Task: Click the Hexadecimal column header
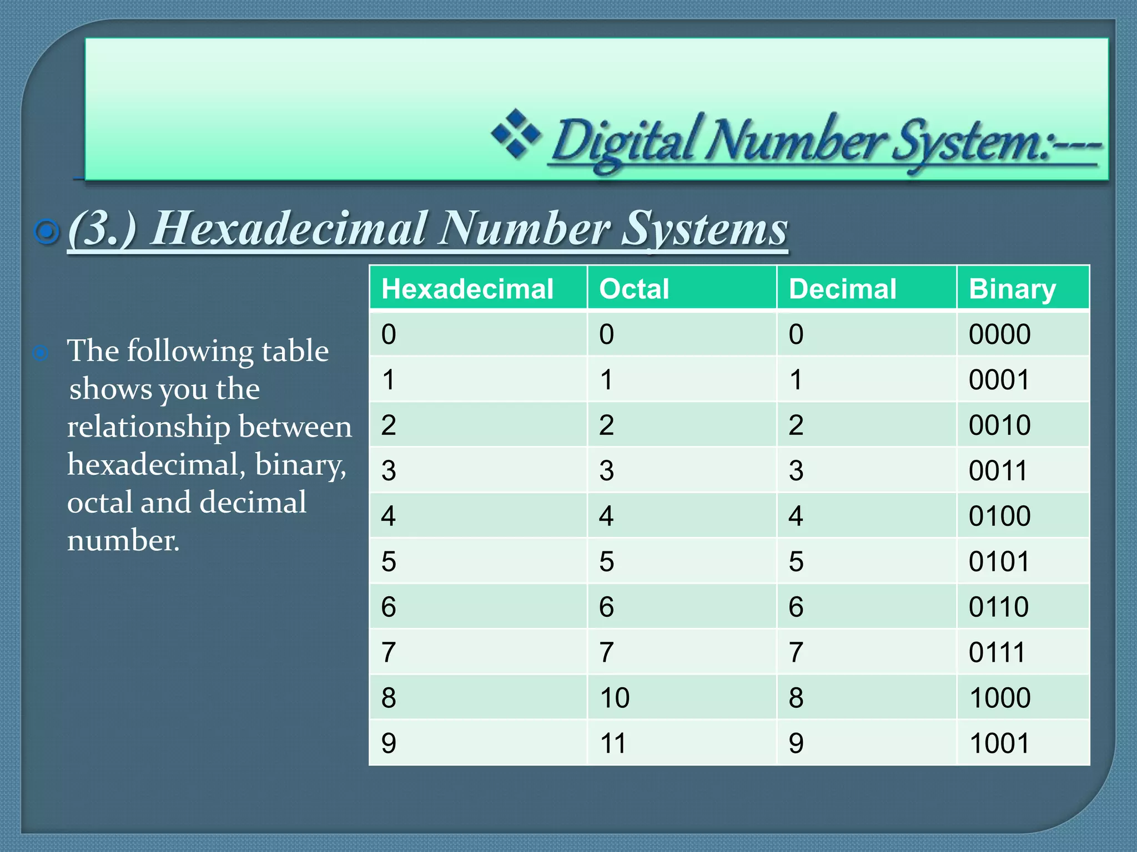467,289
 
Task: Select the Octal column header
634,289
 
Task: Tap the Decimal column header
842,289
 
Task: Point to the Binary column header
1012,289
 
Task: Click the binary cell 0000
999,334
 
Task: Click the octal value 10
615,698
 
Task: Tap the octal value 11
613,743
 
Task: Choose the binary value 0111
997,652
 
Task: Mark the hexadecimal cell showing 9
389,743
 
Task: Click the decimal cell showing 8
796,698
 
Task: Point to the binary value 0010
999,425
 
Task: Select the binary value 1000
999,698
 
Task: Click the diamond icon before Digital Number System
516,134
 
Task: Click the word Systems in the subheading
704,229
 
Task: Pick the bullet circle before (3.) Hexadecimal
47,231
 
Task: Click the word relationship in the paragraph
148,427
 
